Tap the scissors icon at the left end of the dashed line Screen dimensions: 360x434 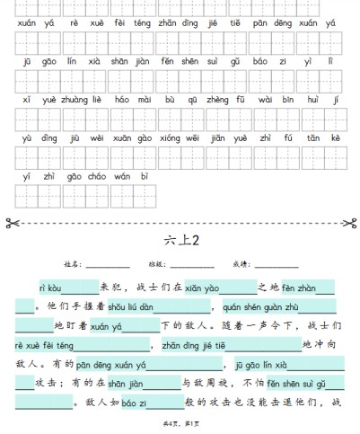coord(11,222)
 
